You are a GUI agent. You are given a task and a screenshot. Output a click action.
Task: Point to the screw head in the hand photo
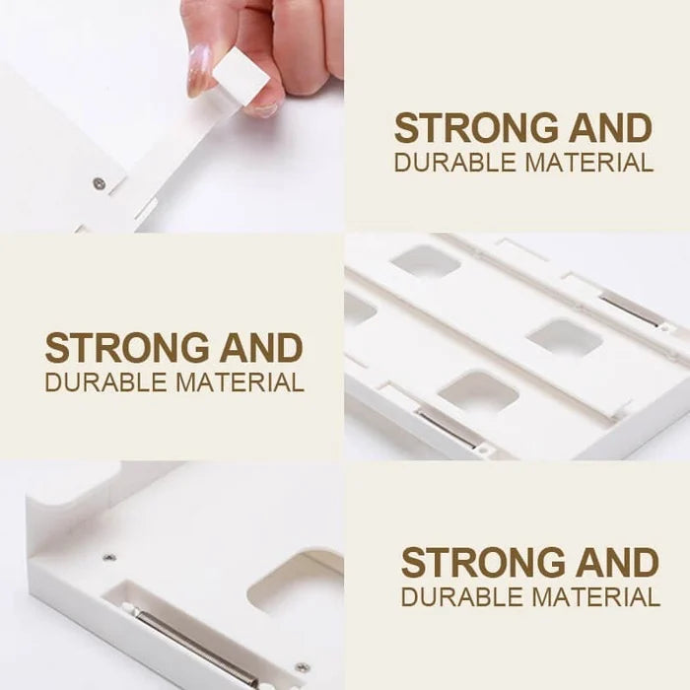(x=100, y=183)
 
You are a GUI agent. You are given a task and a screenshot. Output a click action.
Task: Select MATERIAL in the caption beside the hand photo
(x=588, y=163)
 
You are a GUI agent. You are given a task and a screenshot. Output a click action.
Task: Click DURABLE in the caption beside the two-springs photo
(x=106, y=382)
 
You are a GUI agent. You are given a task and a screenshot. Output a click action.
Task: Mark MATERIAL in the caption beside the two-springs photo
(x=240, y=382)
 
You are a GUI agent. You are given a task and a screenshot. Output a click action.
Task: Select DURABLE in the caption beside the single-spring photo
(x=463, y=597)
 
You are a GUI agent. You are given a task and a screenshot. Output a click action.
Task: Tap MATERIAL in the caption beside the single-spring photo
(x=595, y=597)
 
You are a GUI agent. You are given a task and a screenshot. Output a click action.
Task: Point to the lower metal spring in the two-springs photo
(x=448, y=429)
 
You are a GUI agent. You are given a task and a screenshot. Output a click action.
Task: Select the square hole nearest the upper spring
(x=565, y=338)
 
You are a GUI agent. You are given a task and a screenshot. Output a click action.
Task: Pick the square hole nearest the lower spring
(x=478, y=390)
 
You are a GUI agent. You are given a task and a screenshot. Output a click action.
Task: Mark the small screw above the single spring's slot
(x=109, y=558)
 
